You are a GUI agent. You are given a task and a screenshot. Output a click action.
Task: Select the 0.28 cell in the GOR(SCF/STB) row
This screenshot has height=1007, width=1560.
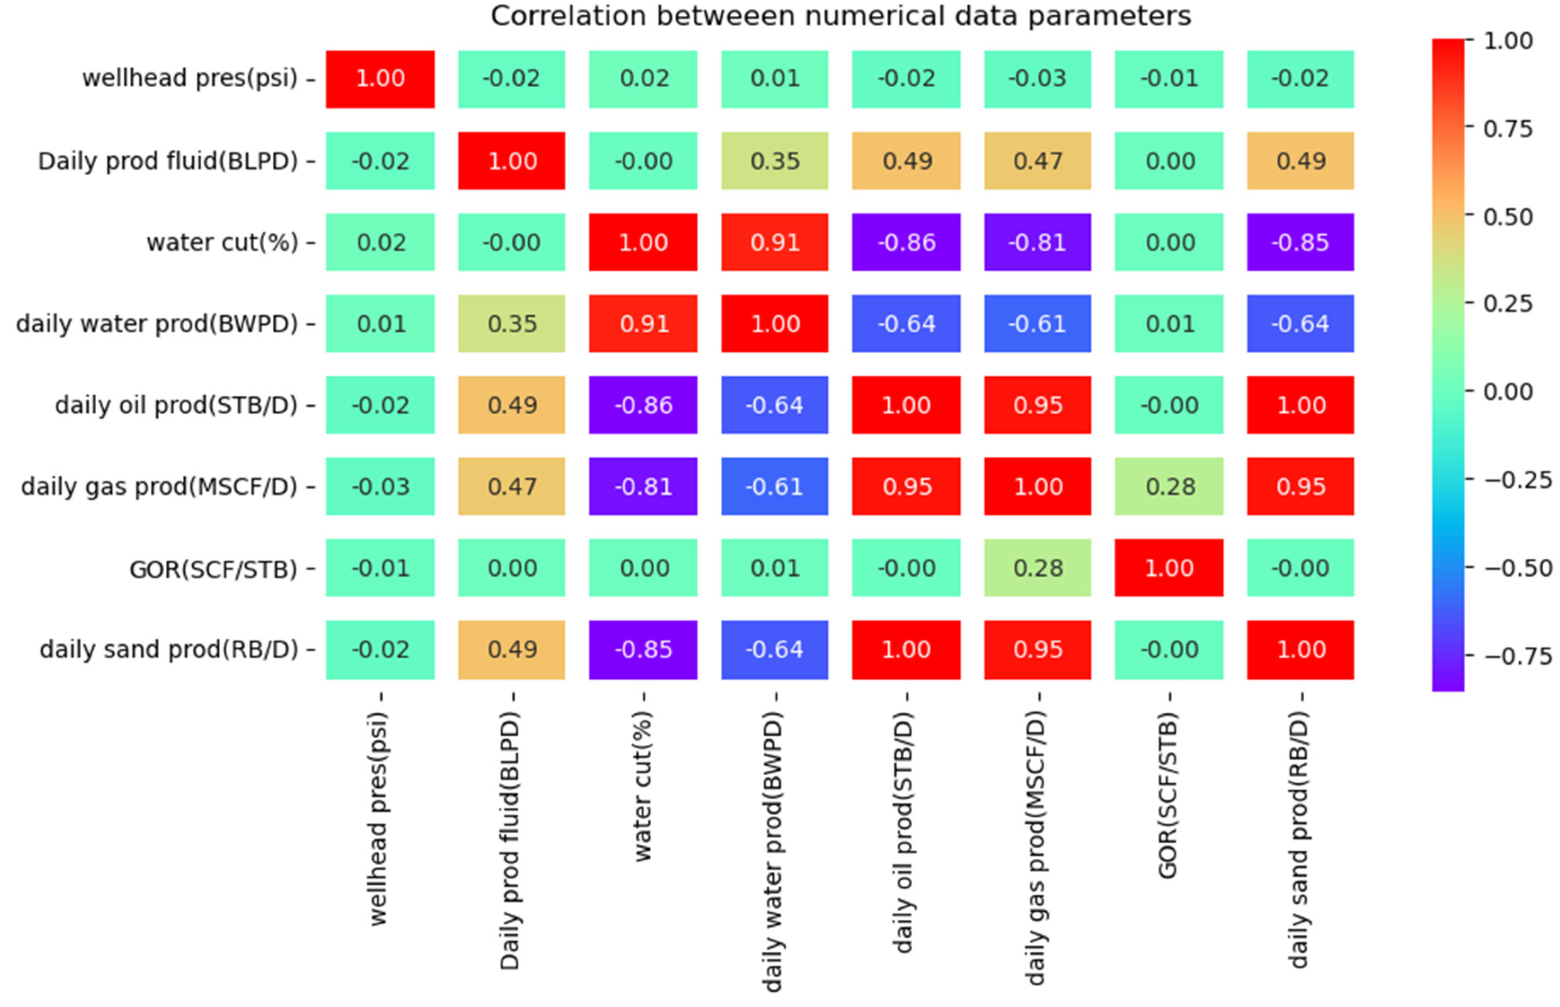coord(1037,568)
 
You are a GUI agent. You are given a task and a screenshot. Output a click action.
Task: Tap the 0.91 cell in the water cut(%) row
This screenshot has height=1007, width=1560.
coord(775,242)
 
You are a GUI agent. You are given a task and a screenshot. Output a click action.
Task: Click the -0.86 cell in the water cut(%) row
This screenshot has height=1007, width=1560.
coord(906,242)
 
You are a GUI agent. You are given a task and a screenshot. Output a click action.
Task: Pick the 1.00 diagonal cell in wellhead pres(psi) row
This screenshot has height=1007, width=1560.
coord(380,79)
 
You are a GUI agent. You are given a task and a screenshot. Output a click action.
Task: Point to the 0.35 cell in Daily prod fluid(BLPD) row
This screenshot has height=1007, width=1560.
coord(775,161)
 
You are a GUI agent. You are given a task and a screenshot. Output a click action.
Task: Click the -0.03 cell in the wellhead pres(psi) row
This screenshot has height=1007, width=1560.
coord(1037,79)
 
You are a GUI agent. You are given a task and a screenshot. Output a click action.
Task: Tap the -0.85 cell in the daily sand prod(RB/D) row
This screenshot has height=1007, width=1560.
coord(643,649)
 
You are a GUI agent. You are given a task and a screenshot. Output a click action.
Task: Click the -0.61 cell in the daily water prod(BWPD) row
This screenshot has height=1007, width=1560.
coord(1037,324)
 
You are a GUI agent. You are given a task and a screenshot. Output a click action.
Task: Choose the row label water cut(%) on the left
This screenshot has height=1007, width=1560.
coord(222,243)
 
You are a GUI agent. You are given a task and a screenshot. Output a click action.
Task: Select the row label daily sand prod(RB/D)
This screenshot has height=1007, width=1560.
coord(169,649)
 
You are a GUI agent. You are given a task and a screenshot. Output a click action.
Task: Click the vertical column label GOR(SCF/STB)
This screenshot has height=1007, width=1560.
coord(1168,795)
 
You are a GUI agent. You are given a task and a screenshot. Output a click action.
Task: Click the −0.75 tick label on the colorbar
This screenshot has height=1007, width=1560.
coord(1517,656)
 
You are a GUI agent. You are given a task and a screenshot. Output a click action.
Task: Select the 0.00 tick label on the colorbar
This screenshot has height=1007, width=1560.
coord(1507,392)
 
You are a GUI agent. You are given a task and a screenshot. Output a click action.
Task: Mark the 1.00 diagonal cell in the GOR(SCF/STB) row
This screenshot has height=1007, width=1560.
coord(1169,568)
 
